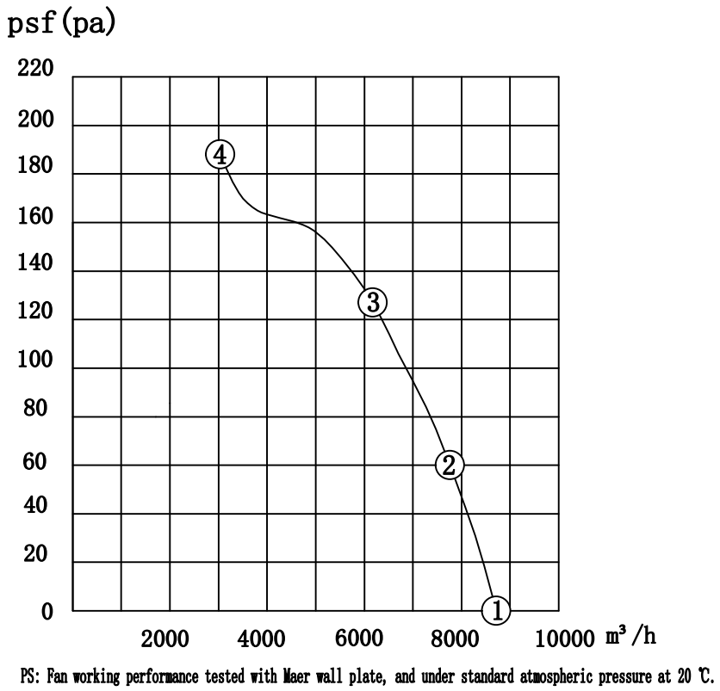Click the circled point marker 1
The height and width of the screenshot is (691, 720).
pos(497,610)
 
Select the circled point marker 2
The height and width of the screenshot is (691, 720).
pos(449,465)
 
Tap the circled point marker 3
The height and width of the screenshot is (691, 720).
pos(372,302)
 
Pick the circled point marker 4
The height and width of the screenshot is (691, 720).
pos(220,155)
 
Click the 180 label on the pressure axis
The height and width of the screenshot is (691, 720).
pos(35,167)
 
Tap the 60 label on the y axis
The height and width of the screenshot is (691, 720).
pos(35,465)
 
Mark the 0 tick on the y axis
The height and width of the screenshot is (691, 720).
pos(47,612)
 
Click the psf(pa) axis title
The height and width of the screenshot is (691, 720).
pos(62,22)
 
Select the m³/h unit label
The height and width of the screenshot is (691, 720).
pos(630,636)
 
